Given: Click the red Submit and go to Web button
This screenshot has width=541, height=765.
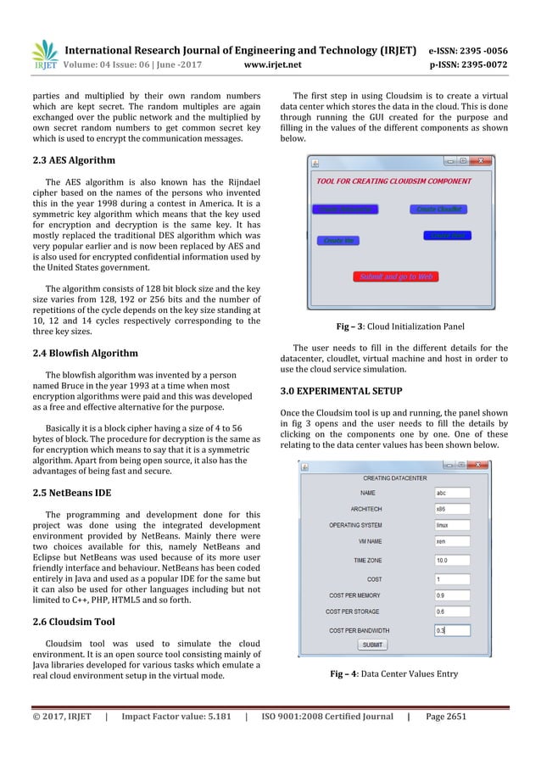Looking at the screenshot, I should tap(397, 276).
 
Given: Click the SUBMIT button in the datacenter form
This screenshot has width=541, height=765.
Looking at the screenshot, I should tap(372, 645).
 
